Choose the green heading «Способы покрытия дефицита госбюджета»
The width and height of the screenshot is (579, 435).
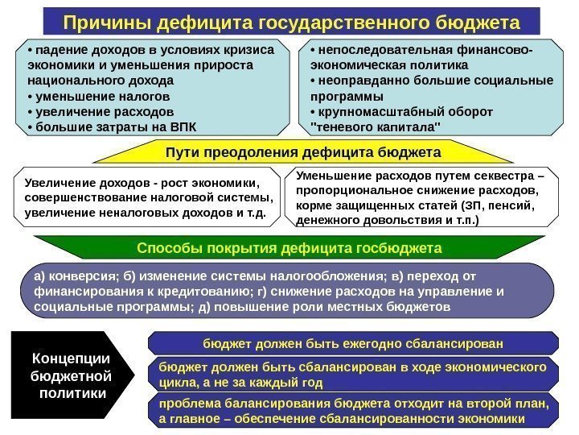tap(289, 246)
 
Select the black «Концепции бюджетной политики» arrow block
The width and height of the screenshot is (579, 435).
tap(68, 375)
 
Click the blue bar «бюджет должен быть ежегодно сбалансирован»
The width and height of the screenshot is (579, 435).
tap(353, 343)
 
